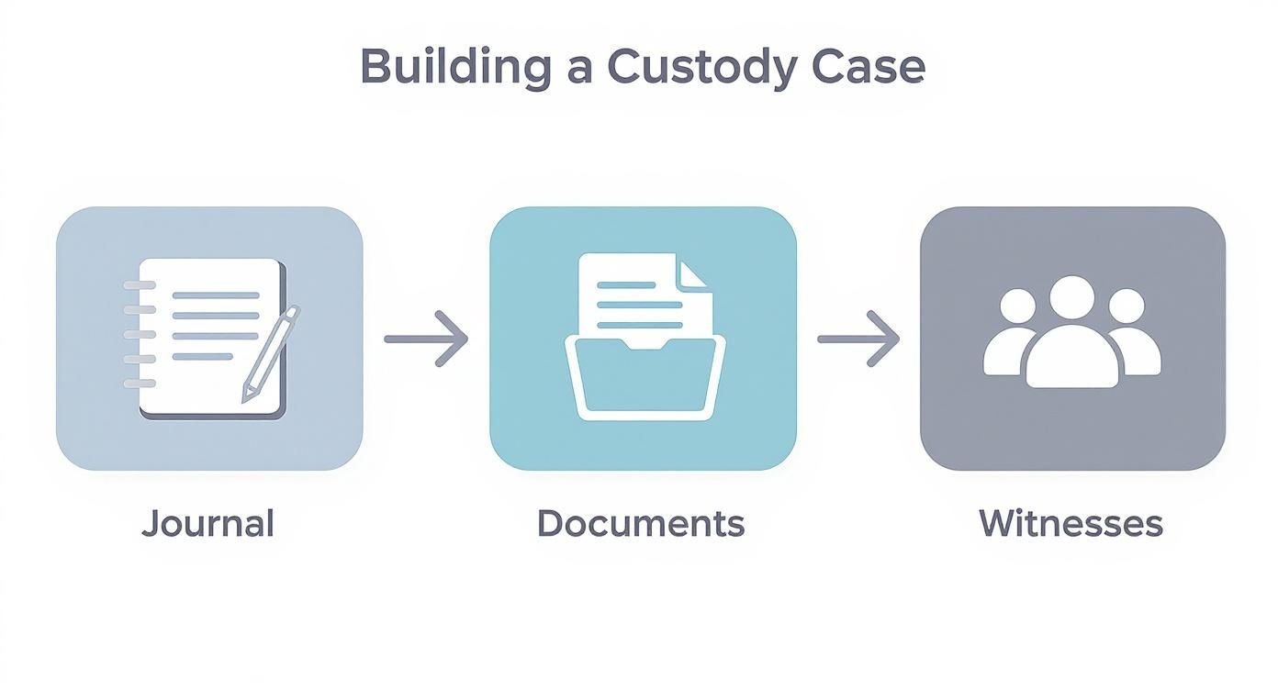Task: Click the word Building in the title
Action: click(453, 67)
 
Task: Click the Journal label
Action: click(208, 523)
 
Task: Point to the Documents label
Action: click(641, 523)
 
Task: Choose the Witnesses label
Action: click(1071, 523)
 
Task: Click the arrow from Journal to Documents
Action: click(426, 339)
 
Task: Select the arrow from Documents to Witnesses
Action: click(858, 339)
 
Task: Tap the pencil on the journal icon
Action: click(272, 352)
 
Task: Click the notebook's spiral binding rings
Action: click(139, 334)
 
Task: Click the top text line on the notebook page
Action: click(217, 295)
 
